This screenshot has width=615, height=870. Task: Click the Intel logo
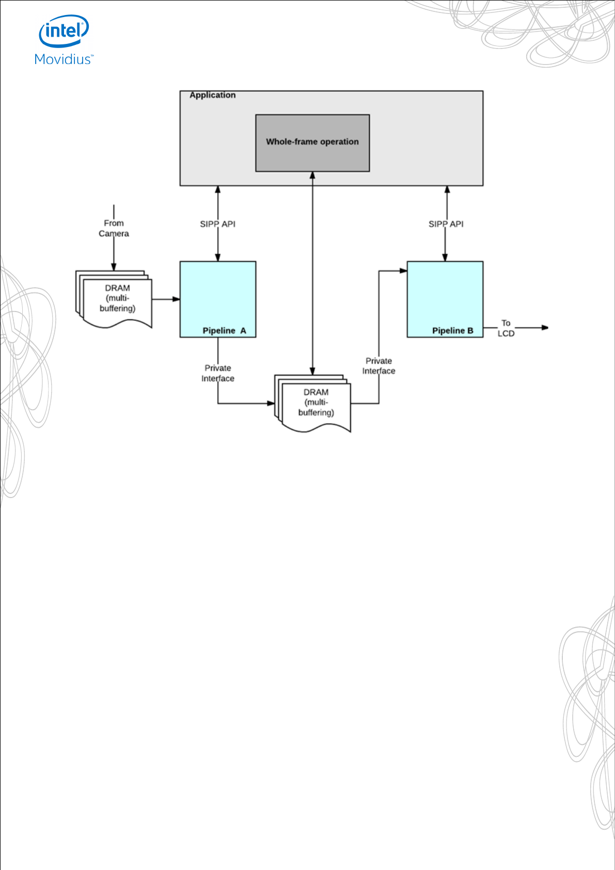point(64,31)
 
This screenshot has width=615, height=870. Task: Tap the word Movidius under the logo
point(63,59)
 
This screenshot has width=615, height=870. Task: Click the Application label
point(212,95)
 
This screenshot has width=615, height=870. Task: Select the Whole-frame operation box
point(312,143)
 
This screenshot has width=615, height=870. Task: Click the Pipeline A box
point(217,299)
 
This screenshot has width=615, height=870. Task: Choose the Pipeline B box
point(445,299)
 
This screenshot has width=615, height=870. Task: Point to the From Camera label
point(114,228)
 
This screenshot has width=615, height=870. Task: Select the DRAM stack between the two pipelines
point(313,403)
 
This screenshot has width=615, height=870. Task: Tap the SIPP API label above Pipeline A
point(217,224)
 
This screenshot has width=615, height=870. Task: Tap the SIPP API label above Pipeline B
point(446,224)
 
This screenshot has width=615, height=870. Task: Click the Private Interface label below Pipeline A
point(217,373)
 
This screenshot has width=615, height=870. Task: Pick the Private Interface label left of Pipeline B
point(379,366)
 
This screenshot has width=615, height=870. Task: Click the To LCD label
point(506,328)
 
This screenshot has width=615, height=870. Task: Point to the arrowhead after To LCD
point(545,328)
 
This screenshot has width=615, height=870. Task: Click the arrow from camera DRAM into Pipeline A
point(166,299)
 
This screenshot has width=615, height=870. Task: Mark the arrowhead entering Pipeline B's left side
point(403,270)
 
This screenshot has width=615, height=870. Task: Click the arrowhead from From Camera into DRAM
point(114,267)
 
